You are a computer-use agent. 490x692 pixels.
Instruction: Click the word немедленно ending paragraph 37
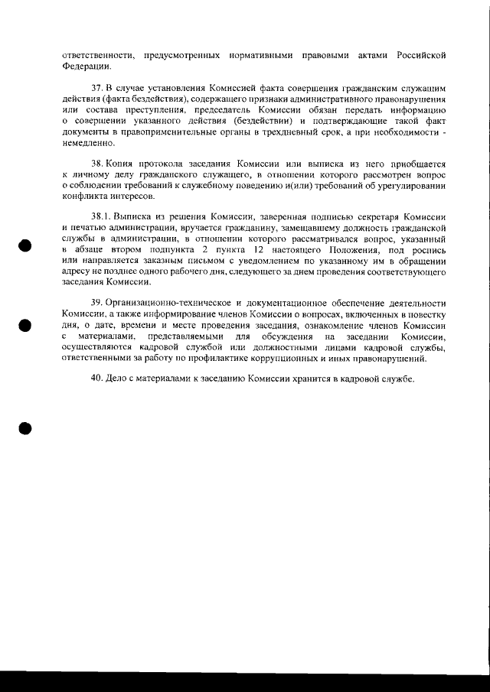point(87,144)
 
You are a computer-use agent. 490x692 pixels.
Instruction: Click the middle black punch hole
point(24,324)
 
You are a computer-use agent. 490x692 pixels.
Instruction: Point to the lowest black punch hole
point(24,427)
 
